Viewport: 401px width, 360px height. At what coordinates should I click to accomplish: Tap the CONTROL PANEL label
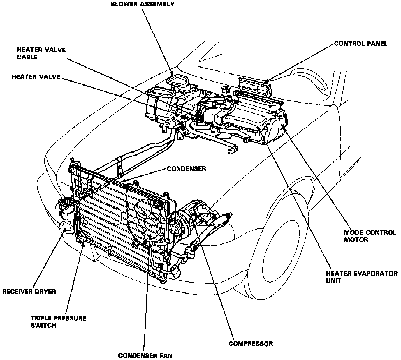pyautogui.click(x=360, y=44)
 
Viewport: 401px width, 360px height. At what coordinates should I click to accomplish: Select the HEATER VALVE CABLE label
pyautogui.click(x=41, y=53)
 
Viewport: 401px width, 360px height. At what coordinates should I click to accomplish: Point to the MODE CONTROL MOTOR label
pyautogui.click(x=370, y=236)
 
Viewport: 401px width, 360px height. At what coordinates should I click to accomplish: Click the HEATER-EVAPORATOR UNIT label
pyautogui.click(x=361, y=277)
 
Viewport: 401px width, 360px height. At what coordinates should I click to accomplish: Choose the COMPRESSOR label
pyautogui.click(x=251, y=344)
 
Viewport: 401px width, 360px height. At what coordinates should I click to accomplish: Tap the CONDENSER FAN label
pyautogui.click(x=145, y=356)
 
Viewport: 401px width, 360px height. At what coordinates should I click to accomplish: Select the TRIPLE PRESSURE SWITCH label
pyautogui.click(x=59, y=322)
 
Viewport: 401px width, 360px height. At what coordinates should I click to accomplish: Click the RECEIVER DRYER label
pyautogui.click(x=29, y=291)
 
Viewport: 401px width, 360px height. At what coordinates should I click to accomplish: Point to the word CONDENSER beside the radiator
pyautogui.click(x=187, y=169)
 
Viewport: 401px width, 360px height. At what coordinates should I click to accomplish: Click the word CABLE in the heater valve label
pyautogui.click(x=27, y=57)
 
